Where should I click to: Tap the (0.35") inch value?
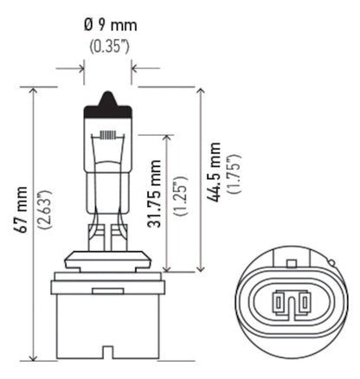107,44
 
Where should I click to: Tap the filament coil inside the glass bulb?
108,137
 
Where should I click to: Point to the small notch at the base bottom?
107,353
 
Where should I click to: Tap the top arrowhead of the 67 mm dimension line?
33,90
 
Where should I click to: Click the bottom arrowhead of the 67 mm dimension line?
33,357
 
